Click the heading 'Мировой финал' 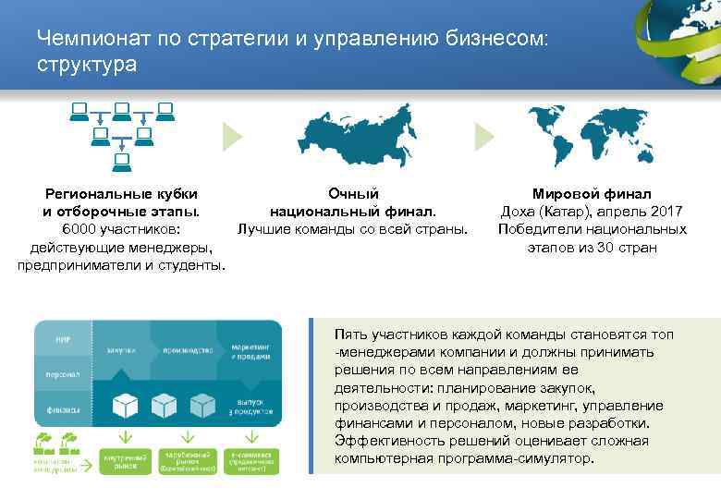[x=592, y=194]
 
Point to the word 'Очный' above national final [x=353, y=194]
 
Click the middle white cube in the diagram [x=165, y=404]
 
